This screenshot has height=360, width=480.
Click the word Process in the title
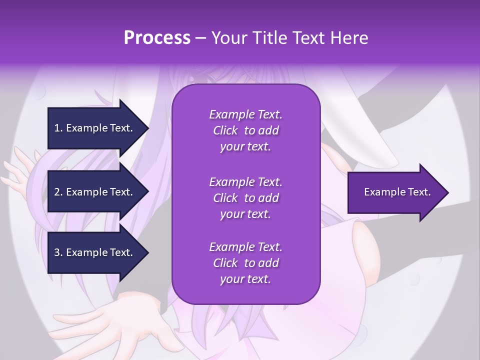[157, 38]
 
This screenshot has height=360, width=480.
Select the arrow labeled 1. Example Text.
[95, 128]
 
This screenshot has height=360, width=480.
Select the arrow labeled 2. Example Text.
[95, 192]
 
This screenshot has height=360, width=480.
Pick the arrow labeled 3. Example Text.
[95, 252]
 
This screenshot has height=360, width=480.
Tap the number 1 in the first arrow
[57, 128]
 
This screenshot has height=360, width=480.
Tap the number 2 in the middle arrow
[57, 192]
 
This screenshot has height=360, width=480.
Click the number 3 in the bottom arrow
[57, 252]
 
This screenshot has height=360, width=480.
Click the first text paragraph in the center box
[245, 130]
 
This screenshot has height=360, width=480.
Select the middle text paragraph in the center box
[245, 198]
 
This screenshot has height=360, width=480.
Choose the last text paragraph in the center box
[245, 263]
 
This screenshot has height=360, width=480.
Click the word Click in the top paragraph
[225, 131]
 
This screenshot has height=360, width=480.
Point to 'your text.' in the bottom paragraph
[245, 279]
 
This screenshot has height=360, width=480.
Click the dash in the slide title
[200, 38]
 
